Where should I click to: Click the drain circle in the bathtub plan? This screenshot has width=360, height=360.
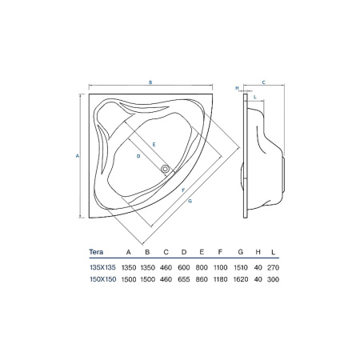click(165, 169)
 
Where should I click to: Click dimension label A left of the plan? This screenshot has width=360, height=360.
click(78, 156)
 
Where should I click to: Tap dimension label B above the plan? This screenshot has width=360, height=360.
click(150, 82)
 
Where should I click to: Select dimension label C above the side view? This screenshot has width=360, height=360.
click(263, 82)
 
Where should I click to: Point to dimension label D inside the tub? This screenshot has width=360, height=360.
click(138, 156)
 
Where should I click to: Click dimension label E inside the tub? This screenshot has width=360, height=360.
click(154, 145)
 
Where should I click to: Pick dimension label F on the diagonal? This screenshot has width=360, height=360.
click(183, 190)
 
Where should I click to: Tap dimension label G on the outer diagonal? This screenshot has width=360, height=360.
click(190, 201)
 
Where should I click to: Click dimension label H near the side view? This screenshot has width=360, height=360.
click(237, 88)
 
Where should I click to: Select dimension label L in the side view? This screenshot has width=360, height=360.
click(255, 97)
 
